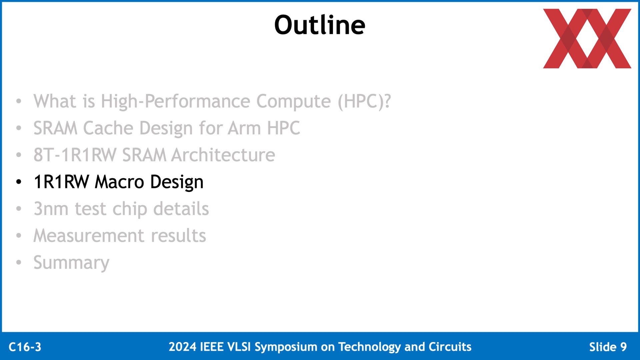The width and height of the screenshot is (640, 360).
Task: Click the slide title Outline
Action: click(x=320, y=25)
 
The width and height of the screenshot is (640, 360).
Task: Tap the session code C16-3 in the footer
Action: click(x=25, y=347)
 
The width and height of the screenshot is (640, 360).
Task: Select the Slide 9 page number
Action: click(x=608, y=347)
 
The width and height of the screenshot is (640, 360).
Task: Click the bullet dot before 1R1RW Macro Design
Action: click(x=19, y=182)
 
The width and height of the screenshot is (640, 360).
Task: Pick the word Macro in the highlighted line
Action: click(x=119, y=182)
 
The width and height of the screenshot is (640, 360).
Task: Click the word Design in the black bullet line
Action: click(x=177, y=182)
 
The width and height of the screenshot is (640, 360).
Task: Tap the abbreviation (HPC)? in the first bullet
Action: click(x=364, y=101)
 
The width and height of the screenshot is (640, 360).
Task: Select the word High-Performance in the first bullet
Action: click(x=175, y=101)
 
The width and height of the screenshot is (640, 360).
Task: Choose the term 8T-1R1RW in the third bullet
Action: click(x=75, y=155)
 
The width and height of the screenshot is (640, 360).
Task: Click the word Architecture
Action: click(x=223, y=155)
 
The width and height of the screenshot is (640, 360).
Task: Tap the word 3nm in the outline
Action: click(x=51, y=209)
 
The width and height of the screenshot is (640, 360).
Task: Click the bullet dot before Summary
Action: click(x=19, y=262)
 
